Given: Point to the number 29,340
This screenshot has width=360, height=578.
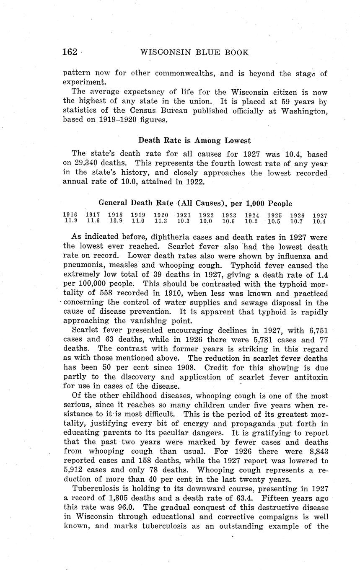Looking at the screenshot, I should (87, 163).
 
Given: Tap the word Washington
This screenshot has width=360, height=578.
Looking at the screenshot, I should (304, 111).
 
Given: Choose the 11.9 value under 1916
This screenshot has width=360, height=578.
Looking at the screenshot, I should (70, 221).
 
